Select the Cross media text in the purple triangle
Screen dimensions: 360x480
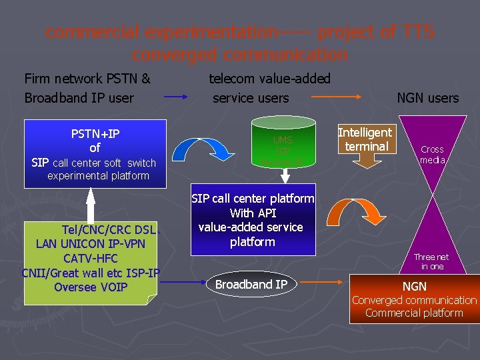tap(432, 155)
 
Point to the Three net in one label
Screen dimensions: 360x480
tap(431, 261)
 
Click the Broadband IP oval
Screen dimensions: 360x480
tap(251, 285)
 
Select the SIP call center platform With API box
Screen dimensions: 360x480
tap(253, 221)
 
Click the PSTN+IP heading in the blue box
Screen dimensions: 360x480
tap(95, 133)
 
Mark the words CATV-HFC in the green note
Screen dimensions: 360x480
tap(90, 258)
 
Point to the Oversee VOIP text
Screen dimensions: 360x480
tap(90, 287)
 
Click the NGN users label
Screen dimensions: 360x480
tap(427, 98)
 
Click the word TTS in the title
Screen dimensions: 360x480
tap(419, 31)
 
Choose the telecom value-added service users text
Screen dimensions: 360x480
tap(269, 88)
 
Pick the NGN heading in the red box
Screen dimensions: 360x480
tap(414, 286)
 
